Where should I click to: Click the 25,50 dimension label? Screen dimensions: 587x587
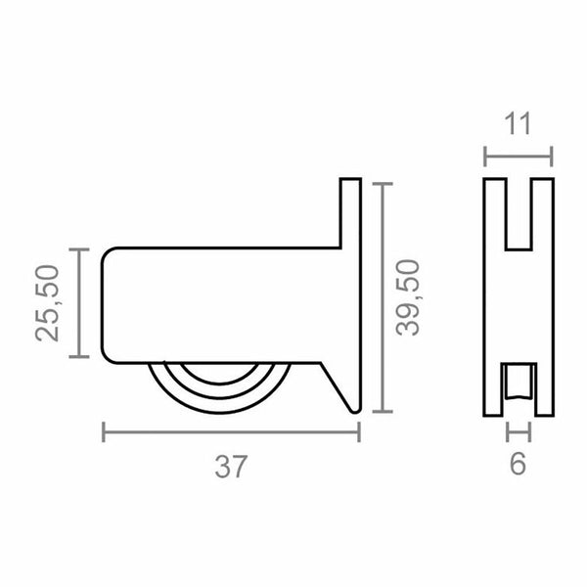pyautogui.click(x=48, y=303)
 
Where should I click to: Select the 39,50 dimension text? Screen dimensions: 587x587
pyautogui.click(x=408, y=297)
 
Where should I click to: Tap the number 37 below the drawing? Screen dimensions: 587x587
pyautogui.click(x=231, y=467)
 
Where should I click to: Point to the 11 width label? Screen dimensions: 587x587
pyautogui.click(x=519, y=124)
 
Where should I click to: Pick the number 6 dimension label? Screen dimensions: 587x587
pyautogui.click(x=519, y=464)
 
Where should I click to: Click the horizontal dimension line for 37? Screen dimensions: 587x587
pyautogui.click(x=231, y=432)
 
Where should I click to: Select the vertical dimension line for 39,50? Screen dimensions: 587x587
pyautogui.click(x=383, y=297)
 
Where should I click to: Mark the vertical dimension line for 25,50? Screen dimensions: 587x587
pyautogui.click(x=79, y=303)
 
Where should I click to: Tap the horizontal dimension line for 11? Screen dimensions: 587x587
pyautogui.click(x=519, y=157)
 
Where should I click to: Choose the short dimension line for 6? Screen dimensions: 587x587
pyautogui.click(x=519, y=432)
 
